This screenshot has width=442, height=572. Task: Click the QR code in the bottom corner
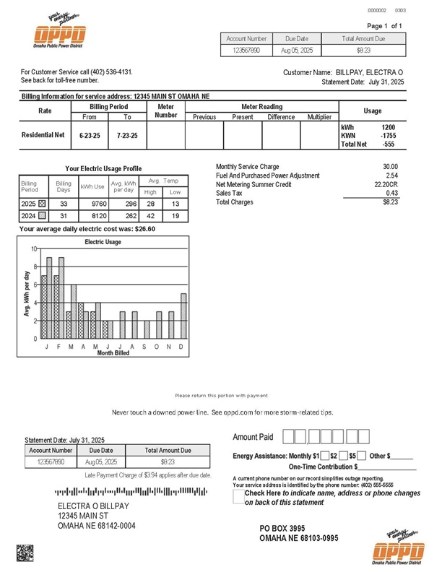(x=25, y=553)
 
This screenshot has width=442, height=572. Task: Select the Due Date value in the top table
(x=297, y=51)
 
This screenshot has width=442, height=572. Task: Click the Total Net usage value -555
(x=388, y=144)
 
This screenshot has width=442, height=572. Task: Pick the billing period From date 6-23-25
(x=89, y=135)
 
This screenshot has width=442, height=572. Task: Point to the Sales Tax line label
(x=230, y=193)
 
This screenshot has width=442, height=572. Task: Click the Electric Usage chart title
(x=103, y=242)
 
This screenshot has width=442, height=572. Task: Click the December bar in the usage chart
(x=183, y=316)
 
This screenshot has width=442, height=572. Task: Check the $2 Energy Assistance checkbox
(x=324, y=456)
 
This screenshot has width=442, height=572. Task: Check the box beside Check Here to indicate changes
(x=238, y=498)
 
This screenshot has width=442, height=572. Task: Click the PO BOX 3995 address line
(x=282, y=529)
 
